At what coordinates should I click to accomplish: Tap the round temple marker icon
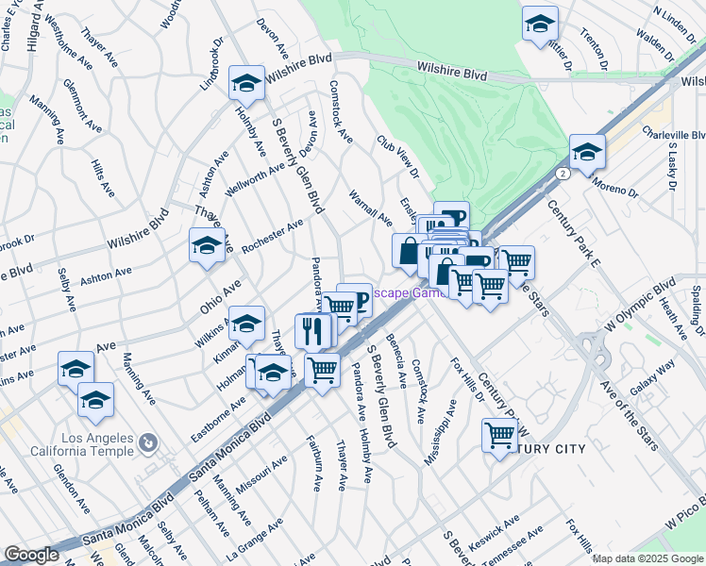click(148, 441)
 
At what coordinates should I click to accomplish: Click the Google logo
click(31, 555)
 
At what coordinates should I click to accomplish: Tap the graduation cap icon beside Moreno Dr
click(587, 152)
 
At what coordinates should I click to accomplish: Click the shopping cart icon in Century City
click(499, 436)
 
